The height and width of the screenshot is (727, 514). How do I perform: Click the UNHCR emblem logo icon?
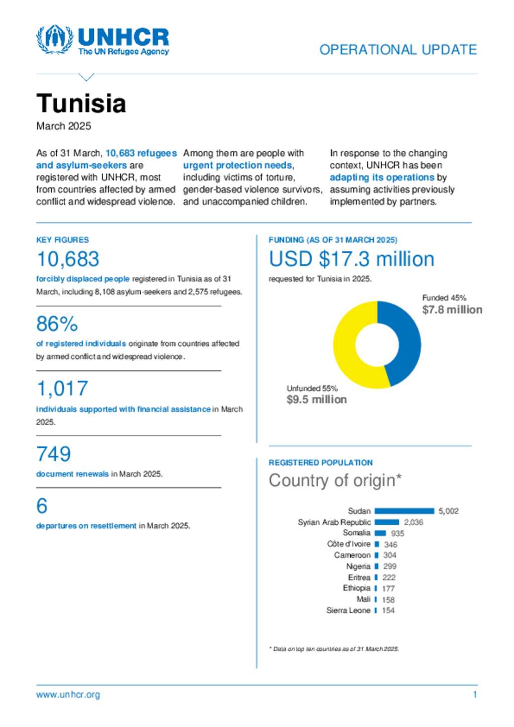[x=54, y=39]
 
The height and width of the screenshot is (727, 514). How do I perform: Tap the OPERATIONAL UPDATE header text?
[x=398, y=50]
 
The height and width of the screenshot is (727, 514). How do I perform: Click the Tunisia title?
[x=81, y=103]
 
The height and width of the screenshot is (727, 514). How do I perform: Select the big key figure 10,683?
[x=68, y=259]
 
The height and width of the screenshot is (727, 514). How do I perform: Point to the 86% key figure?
[x=57, y=324]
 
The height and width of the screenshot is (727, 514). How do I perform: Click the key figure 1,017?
[x=62, y=388]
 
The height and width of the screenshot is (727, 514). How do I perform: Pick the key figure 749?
[x=54, y=454]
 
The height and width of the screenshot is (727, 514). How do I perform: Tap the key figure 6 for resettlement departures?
[x=42, y=506]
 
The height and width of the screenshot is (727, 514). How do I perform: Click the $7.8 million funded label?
[x=452, y=310]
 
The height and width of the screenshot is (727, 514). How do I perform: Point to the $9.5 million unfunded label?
[x=316, y=399]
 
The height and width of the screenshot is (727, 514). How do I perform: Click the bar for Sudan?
[x=404, y=511]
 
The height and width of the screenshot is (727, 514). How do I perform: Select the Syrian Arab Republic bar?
[x=387, y=522]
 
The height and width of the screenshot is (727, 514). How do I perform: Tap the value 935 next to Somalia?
[x=398, y=533]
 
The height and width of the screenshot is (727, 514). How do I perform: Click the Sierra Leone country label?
[x=348, y=610]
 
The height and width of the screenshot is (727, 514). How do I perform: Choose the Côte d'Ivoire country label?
[x=348, y=544]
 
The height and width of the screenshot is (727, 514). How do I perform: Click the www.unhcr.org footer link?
[x=68, y=694]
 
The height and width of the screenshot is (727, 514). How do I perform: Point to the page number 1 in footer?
[x=475, y=694]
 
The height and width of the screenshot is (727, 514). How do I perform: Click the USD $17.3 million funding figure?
[x=351, y=259]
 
